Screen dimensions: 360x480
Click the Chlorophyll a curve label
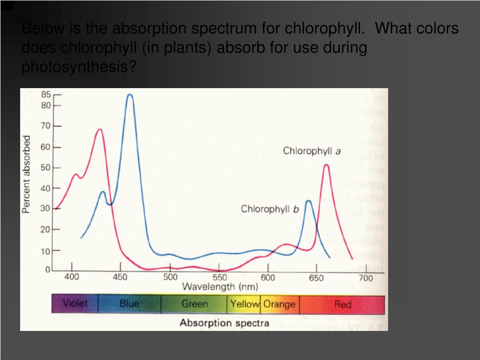pos(312,151)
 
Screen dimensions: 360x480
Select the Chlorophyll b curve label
pos(270,209)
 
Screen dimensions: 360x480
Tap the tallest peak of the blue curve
pos(130,95)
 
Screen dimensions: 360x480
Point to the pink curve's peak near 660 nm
pos(326,165)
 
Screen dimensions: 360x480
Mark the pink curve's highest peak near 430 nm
pos(99,130)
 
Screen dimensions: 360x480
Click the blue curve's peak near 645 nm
pos(308,201)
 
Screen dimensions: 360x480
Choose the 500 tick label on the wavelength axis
pos(170,277)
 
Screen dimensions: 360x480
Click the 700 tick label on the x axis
pos(366,278)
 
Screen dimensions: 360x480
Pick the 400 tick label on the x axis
pos(72,277)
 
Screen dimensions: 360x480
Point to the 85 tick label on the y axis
pos(46,94)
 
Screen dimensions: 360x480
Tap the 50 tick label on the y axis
pos(46,168)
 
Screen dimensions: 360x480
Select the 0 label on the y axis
pos(48,270)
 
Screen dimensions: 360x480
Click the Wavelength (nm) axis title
pos(220,286)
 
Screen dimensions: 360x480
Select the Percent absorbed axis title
pos(27,174)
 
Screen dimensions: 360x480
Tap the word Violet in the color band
pos(75,304)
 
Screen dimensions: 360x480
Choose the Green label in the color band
pos(195,304)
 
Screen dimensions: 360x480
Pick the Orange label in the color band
pos(279,304)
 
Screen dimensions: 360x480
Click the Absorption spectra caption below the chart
pos(225,323)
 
